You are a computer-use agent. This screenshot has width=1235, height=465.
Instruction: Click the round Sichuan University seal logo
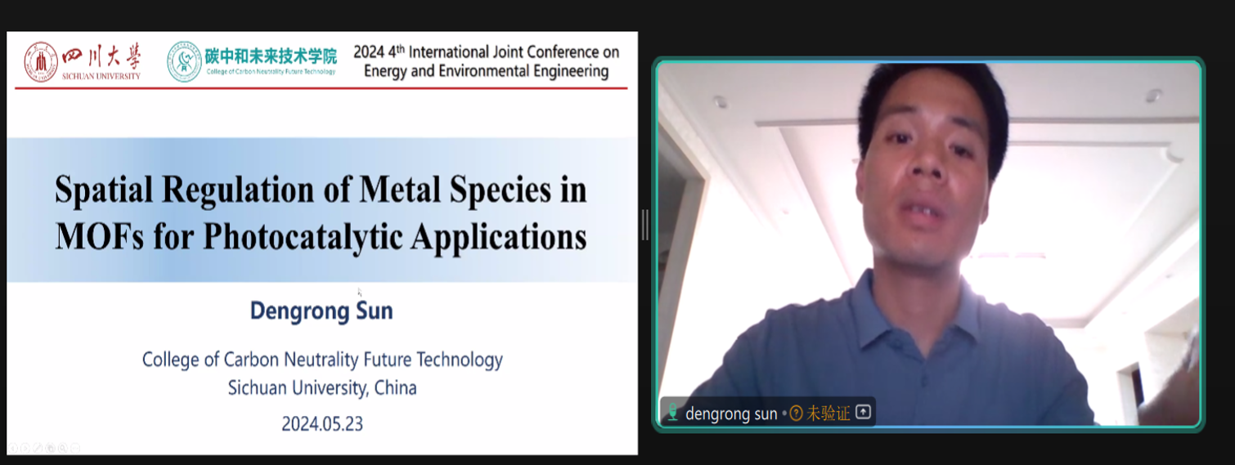pos(41,62)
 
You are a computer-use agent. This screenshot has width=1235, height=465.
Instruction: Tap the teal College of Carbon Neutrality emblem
pos(184,62)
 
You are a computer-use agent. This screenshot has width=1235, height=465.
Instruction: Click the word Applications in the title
pos(499,238)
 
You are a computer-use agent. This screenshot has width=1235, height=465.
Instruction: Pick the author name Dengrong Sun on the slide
pos(321,311)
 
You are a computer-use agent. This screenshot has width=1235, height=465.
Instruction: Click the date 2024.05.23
pos(322,423)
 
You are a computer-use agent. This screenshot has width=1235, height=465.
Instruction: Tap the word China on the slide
pos(395,388)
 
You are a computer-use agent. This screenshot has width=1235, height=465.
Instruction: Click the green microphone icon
pos(672,412)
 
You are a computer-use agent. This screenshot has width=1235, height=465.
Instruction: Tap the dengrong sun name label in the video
pos(731,414)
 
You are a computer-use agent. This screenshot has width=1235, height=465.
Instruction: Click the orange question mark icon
pos(796,413)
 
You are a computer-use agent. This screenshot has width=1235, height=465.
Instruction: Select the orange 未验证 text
pos(829,413)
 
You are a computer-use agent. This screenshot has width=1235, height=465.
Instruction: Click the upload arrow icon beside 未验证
pos(864,412)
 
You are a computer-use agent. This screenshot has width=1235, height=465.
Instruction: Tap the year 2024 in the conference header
pos(369,52)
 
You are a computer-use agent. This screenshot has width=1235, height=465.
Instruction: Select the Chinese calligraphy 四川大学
pos(101,56)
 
